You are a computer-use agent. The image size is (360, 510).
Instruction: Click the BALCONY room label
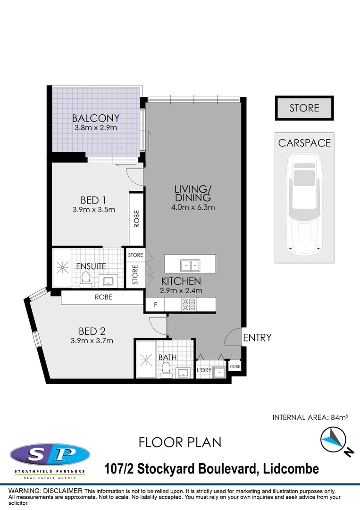point(96,118)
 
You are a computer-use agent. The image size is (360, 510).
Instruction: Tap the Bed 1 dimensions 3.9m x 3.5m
point(94,210)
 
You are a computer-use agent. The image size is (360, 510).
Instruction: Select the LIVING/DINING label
point(193,193)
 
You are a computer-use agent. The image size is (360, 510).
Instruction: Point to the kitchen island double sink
point(190,264)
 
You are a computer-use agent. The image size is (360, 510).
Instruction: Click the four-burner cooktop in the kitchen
point(189,304)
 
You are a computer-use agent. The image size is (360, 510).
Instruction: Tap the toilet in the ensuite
point(86,280)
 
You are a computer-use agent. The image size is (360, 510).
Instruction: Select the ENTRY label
point(257,338)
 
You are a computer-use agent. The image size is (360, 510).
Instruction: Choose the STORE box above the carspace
point(304,108)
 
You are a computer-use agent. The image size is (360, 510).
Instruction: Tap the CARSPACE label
point(304,143)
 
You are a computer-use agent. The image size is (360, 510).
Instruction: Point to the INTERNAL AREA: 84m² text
point(310,417)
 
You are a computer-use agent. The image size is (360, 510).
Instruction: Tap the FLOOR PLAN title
point(180,442)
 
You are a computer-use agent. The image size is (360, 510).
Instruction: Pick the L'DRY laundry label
point(204,370)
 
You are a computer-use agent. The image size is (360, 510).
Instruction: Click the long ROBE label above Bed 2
point(103,297)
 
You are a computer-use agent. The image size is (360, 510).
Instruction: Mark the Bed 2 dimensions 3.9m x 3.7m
point(92,340)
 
